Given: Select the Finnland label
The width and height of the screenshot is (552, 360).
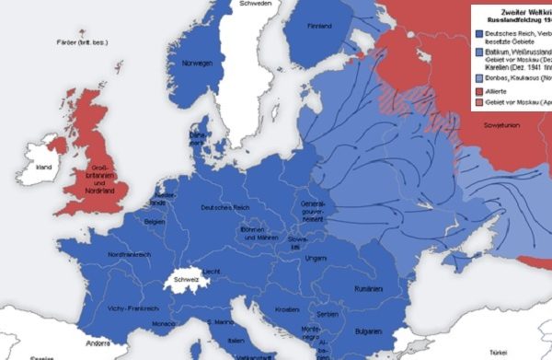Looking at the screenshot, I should click(319, 27).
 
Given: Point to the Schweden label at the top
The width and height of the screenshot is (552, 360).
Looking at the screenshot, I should click(255, 5).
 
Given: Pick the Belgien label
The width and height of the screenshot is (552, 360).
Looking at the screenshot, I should click(154, 222).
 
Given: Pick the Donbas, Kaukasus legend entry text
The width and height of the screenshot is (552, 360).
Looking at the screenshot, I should click(516, 78).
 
